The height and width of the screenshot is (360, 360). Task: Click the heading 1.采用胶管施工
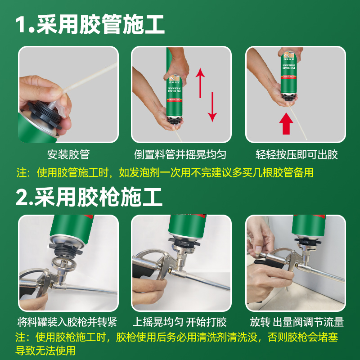(x=90, y=24)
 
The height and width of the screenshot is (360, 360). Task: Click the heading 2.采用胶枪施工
(x=89, y=197)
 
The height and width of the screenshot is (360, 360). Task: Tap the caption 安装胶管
(x=68, y=154)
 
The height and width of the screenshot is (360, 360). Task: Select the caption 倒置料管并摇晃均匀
(x=180, y=154)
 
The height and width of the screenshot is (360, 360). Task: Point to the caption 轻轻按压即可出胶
(x=297, y=154)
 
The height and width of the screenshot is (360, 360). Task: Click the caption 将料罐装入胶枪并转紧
(x=67, y=322)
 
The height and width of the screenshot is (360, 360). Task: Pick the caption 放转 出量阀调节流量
(x=297, y=322)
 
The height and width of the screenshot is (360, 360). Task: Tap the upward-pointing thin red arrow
(x=200, y=83)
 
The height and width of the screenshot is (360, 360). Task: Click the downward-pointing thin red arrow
(x=212, y=107)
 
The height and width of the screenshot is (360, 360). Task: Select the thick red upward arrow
(x=286, y=123)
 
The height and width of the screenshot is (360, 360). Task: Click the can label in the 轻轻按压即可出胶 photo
(x=289, y=69)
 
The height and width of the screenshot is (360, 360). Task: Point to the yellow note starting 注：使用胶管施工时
(x=165, y=173)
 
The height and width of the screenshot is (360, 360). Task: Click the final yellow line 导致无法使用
(x=45, y=351)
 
